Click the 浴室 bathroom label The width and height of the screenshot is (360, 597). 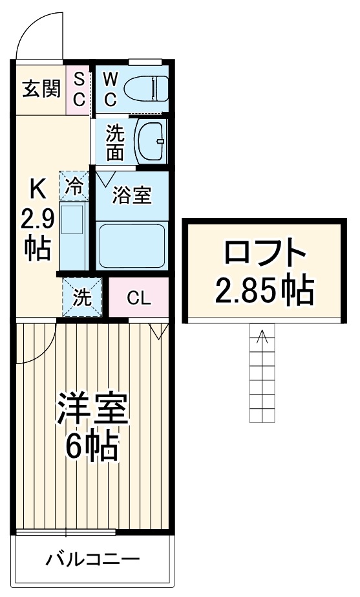click(x=132, y=195)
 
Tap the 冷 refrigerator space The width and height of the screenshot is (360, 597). click(x=74, y=186)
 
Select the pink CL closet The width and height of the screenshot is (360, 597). click(x=138, y=298)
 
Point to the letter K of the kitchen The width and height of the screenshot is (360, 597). click(x=36, y=190)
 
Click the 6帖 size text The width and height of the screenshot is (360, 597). click(x=92, y=446)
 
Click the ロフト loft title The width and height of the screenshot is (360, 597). click(x=264, y=253)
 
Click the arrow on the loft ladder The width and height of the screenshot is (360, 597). click(x=262, y=336)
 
